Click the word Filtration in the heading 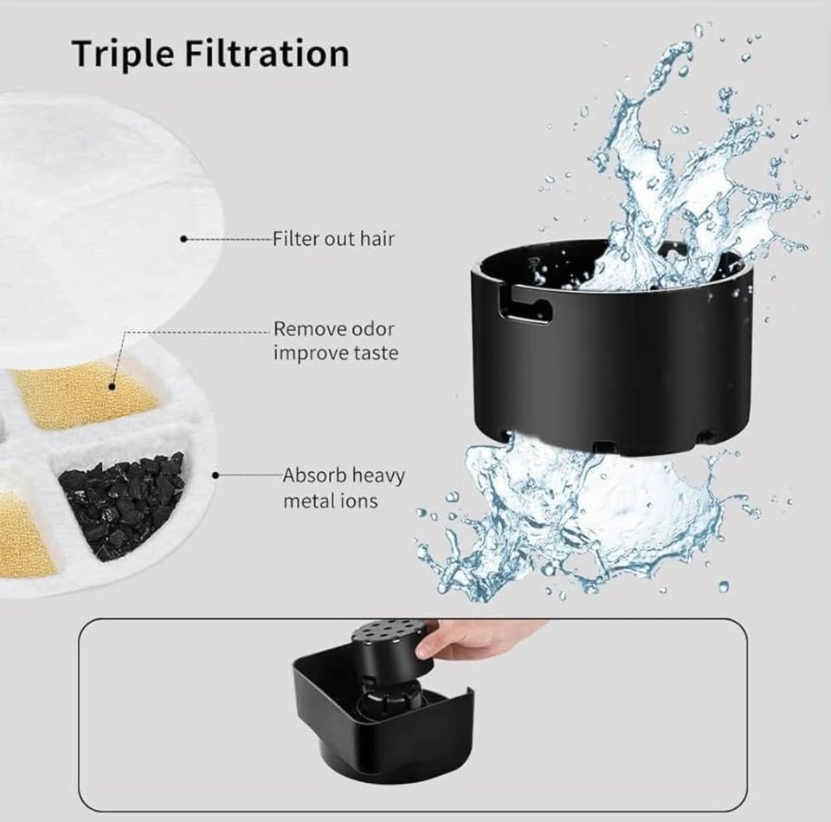point(267,53)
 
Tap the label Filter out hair point(334,239)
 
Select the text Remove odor point(334,329)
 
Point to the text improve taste point(336,353)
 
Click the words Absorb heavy point(344,476)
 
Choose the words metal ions point(331,501)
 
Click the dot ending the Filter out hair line point(184,239)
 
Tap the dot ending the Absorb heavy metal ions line point(216,476)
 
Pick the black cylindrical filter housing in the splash point(609,350)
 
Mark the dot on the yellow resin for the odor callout point(113,386)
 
